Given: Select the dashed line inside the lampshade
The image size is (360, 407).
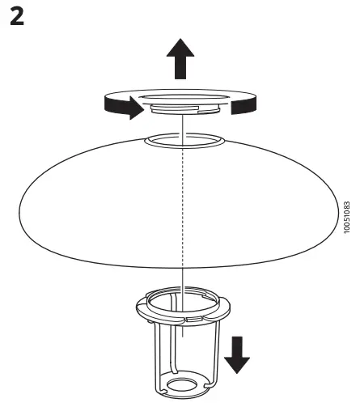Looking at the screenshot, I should [184, 210].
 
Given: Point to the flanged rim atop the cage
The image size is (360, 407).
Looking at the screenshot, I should [183, 306].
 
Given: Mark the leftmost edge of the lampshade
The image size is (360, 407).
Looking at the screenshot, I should [19, 208].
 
